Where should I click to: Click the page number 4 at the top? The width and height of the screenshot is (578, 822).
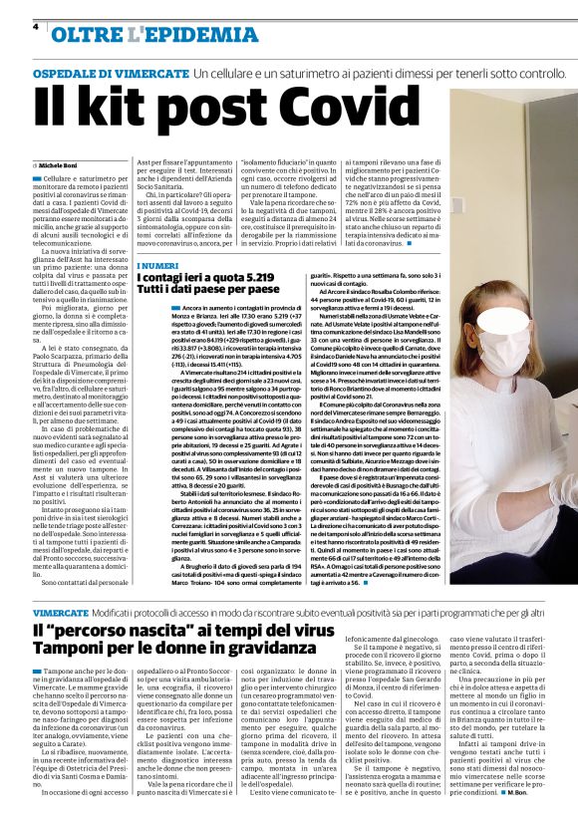[x=36, y=27]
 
